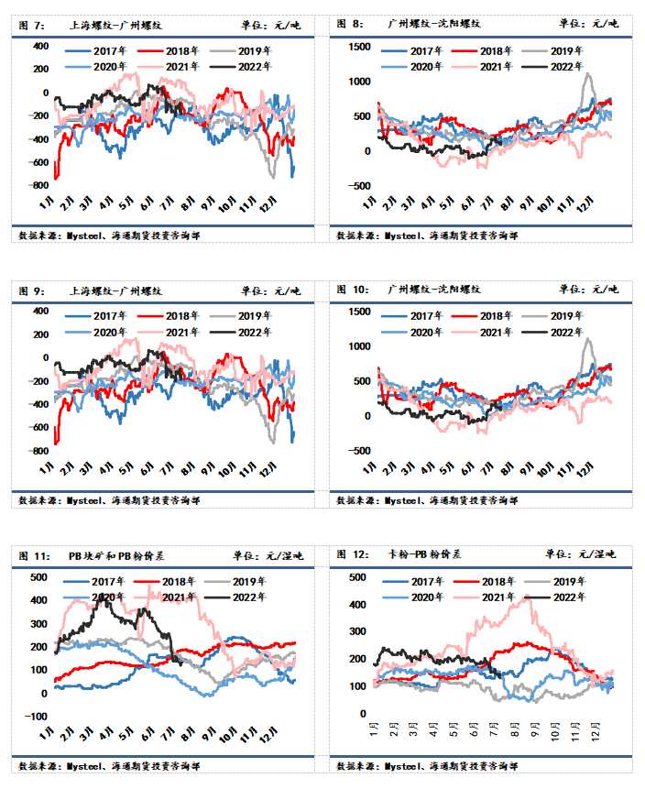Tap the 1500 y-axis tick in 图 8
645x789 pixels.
click(359, 46)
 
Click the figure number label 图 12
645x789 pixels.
click(353, 553)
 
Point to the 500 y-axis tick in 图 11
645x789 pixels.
click(38, 576)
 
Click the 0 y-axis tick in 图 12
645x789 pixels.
click(363, 713)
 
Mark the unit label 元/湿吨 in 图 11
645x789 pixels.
click(278, 554)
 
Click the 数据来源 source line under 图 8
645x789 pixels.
click(427, 235)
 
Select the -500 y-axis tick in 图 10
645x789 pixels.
click(357, 450)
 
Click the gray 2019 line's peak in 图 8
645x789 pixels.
click(587, 74)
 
